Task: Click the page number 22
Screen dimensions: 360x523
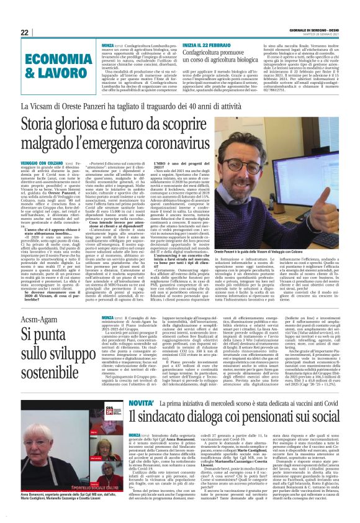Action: point(25,32)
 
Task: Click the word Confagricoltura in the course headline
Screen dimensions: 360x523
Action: point(215,55)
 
